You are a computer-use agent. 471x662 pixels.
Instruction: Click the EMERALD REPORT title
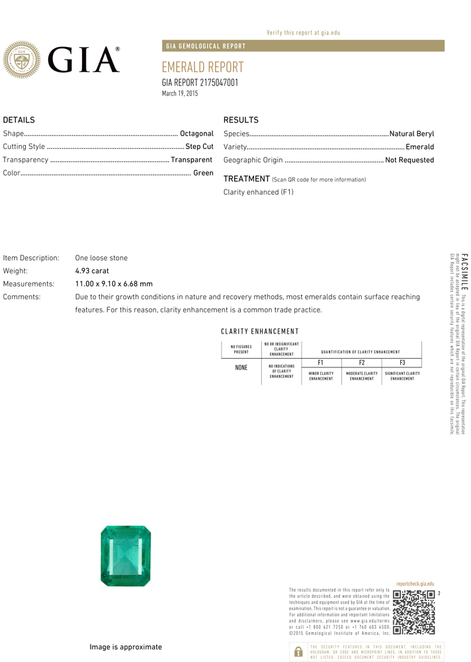(202, 68)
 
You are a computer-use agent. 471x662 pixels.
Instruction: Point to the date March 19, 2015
(180, 94)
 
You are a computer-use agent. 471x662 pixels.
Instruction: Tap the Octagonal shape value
(196, 134)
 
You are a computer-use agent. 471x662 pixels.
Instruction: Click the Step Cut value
(199, 146)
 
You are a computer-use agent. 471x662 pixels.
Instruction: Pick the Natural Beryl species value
(411, 134)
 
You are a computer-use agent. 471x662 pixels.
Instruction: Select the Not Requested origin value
(409, 160)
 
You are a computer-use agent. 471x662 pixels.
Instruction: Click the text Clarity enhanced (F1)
(258, 192)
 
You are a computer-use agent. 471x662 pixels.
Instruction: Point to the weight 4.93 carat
(92, 271)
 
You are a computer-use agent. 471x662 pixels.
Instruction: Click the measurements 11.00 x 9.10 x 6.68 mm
(114, 283)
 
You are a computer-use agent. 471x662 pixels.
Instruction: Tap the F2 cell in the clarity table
(361, 362)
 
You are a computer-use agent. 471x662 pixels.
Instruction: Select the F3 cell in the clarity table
(402, 362)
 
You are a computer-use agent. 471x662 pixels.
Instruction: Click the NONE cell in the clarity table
(241, 367)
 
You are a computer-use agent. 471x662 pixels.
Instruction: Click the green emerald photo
(126, 555)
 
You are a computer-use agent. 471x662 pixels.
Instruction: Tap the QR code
(413, 612)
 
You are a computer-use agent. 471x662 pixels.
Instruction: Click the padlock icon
(298, 651)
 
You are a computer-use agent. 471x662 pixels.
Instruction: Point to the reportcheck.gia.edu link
(415, 584)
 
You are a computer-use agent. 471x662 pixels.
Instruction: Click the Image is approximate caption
(126, 647)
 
